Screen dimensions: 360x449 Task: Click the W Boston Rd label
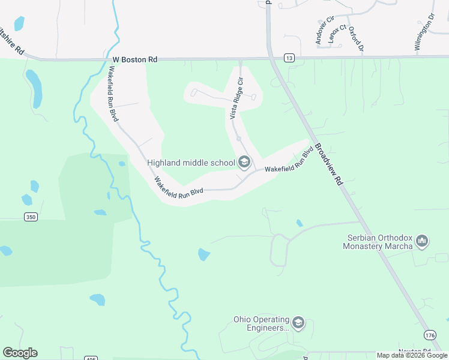pos(135,60)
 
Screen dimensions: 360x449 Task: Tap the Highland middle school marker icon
pos(244,162)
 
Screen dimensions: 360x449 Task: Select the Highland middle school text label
pos(191,162)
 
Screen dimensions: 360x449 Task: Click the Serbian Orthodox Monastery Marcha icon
pos(422,242)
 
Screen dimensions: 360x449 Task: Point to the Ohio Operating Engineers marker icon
pos(298,324)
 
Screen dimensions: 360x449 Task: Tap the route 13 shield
pos(290,58)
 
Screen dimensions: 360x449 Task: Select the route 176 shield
pos(430,335)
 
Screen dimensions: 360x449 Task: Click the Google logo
pos(20,353)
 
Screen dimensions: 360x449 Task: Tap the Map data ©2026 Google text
pos(412,355)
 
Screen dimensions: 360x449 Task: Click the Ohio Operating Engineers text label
pos(261,324)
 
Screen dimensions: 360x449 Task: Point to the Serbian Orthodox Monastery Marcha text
pos(378,242)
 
